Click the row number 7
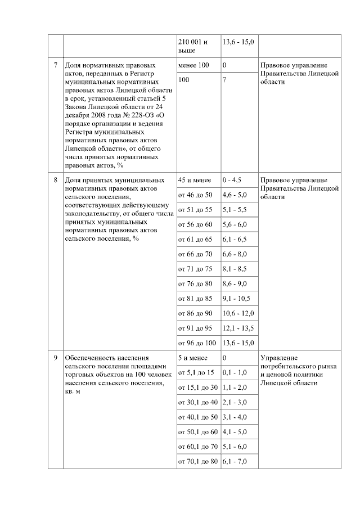point(55,65)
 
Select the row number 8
point(55,180)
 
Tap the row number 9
point(55,358)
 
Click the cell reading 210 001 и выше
point(192,46)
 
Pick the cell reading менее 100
point(193,65)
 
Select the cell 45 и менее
point(194,180)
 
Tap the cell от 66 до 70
point(195,254)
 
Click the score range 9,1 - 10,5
point(236,298)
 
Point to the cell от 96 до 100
point(197,343)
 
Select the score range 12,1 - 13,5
point(238,328)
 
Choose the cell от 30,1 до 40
point(197,402)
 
